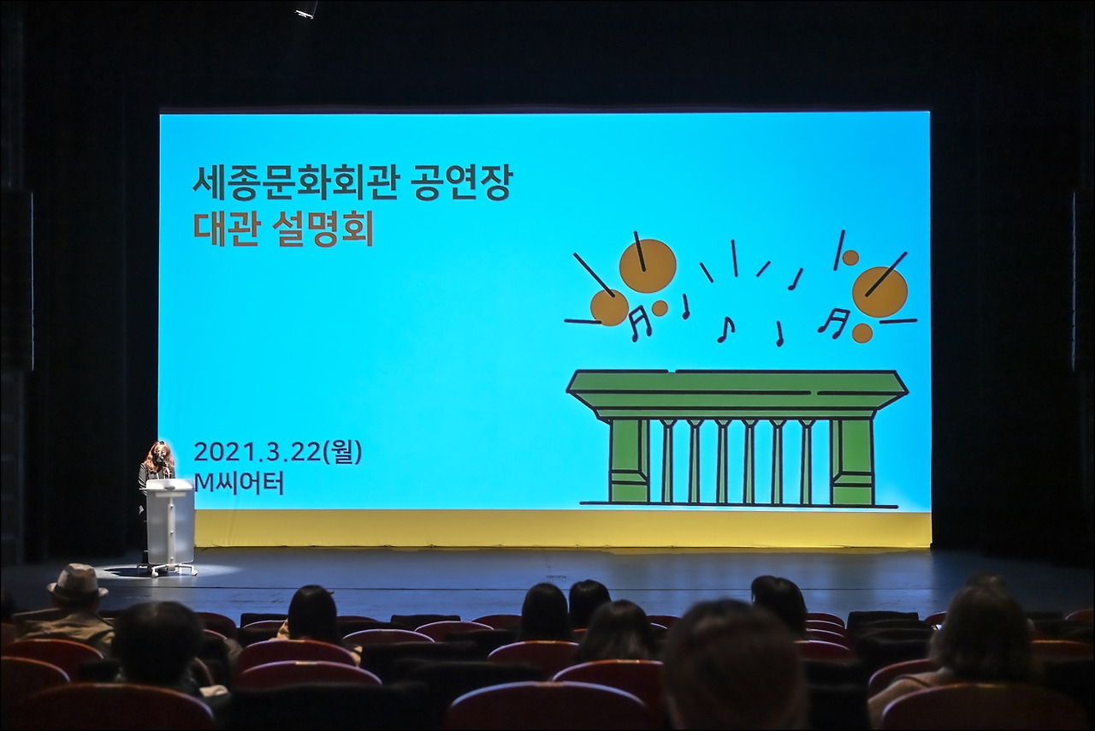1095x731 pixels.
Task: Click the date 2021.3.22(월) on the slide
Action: pos(277,452)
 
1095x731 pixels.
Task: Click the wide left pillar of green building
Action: pos(629,461)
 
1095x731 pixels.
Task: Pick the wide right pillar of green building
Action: pos(853,461)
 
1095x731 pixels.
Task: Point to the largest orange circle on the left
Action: pos(648,265)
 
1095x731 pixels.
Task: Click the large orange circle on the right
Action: pos(879,292)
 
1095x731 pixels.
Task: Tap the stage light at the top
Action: pos(305,9)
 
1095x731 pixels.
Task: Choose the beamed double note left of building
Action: pos(639,323)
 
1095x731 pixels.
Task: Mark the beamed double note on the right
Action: pos(833,322)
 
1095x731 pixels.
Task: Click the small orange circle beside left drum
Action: pos(660,308)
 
